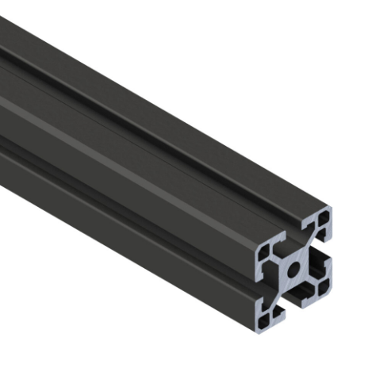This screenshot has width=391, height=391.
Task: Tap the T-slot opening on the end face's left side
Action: click(x=265, y=281)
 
